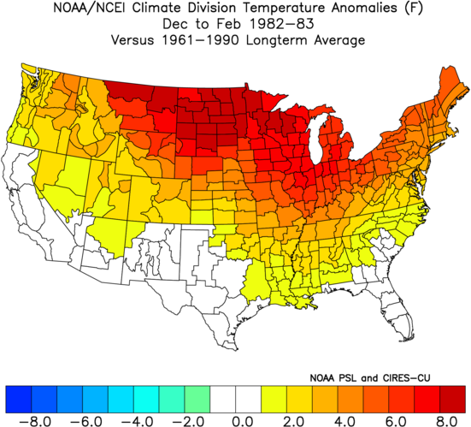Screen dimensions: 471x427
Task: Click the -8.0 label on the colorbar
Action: (32, 421)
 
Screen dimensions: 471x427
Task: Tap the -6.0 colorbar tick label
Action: (83, 421)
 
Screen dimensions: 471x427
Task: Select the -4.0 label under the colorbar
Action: (133, 421)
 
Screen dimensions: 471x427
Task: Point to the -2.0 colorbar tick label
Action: (185, 421)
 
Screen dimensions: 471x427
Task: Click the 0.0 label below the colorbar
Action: (243, 421)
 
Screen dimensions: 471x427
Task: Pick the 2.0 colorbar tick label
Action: (293, 421)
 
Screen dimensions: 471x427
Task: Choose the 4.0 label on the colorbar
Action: (344, 421)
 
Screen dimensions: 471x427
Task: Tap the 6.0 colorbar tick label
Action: (396, 421)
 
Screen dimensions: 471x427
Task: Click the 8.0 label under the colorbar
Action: (447, 421)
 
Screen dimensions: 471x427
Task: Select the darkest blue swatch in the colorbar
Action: (18, 399)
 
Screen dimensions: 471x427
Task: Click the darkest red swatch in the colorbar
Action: (453, 399)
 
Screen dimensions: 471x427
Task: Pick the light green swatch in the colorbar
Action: (197, 399)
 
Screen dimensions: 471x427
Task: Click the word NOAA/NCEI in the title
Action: (91, 8)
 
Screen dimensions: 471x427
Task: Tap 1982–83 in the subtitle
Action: (282, 24)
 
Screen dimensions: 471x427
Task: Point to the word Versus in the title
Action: (132, 40)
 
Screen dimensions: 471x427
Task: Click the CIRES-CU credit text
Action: (406, 377)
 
